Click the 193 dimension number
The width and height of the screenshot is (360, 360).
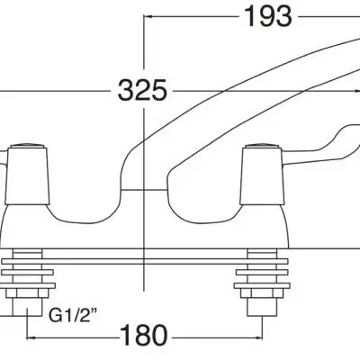pyautogui.click(x=268, y=16)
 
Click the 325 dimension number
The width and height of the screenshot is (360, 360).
pyautogui.click(x=142, y=90)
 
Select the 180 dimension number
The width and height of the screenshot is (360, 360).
pyautogui.click(x=144, y=335)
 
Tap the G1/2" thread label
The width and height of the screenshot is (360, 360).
pyautogui.click(x=74, y=315)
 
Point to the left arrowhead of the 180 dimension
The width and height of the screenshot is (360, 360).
pyautogui.click(x=31, y=337)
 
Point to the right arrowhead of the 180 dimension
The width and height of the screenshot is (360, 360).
pyautogui.click(x=259, y=337)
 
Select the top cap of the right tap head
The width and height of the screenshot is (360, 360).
pyautogui.click(x=263, y=146)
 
